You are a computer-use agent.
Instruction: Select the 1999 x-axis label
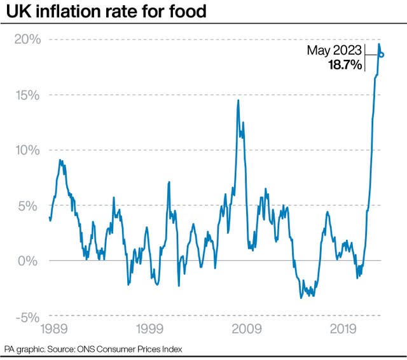coord(149,330)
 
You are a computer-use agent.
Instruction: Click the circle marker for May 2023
coord(382,55)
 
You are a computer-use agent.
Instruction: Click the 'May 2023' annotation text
coord(335,51)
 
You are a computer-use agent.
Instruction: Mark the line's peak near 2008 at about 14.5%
coord(238,100)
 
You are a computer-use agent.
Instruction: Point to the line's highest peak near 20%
coord(379,44)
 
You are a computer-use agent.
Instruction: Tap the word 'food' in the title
coord(190,11)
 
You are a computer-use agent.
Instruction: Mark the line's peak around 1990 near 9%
coord(60,160)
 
